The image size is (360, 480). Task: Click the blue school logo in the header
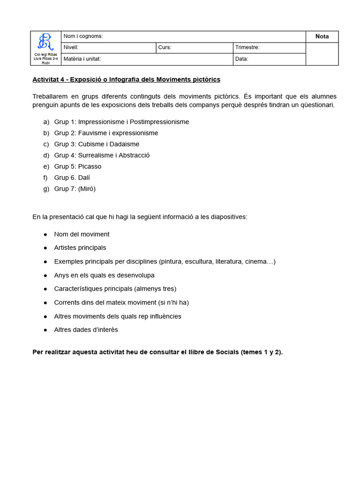pyautogui.click(x=45, y=42)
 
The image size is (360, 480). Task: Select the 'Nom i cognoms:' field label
pyautogui.click(x=83, y=37)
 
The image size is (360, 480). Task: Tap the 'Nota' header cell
pyautogui.click(x=322, y=37)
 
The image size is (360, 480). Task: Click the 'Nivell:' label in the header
pyautogui.click(x=71, y=47)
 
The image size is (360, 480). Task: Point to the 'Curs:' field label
pyautogui.click(x=165, y=47)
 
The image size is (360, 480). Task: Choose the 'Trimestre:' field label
pyautogui.click(x=247, y=47)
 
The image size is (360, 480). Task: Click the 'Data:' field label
pyautogui.click(x=242, y=59)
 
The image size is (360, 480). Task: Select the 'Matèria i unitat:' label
pyautogui.click(x=82, y=59)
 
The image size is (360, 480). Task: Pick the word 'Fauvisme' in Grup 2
pyautogui.click(x=91, y=133)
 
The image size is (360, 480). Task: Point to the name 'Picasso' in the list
pyautogui.click(x=90, y=166)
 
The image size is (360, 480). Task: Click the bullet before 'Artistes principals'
pyautogui.click(x=45, y=248)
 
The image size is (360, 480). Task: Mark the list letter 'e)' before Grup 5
pyautogui.click(x=46, y=166)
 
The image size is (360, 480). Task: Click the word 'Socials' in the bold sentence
pyautogui.click(x=227, y=352)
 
